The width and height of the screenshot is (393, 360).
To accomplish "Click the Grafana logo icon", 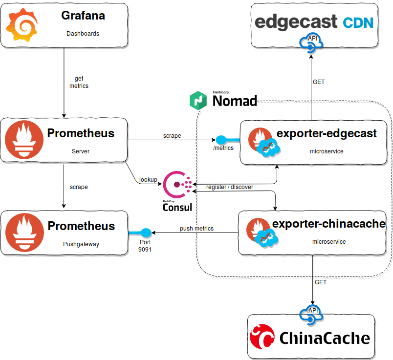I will pyautogui.click(x=22, y=26).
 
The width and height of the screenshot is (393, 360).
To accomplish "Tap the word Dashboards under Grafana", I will pyautogui.click(x=83, y=34).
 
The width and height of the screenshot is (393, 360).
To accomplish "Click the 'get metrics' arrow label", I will pyautogui.click(x=79, y=82).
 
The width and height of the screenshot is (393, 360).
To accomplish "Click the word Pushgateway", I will pyautogui.click(x=81, y=244).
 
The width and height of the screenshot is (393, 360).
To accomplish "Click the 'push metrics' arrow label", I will pyautogui.click(x=196, y=228).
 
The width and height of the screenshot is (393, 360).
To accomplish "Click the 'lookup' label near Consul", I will pyautogui.click(x=148, y=180).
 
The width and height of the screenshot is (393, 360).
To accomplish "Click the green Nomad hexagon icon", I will pyautogui.click(x=199, y=100).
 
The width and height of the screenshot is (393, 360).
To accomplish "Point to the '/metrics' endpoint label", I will pyautogui.click(x=223, y=148).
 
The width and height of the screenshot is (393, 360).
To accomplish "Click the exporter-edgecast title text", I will pyautogui.click(x=327, y=133).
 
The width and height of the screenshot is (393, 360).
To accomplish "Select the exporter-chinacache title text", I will pyautogui.click(x=328, y=224).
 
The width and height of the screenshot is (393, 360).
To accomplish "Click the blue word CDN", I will pyautogui.click(x=357, y=22).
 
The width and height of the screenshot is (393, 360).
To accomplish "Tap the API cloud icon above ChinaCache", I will pyautogui.click(x=312, y=315).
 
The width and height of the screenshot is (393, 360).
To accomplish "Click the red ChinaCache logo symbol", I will pyautogui.click(x=262, y=337).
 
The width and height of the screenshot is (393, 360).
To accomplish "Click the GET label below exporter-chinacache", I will pyautogui.click(x=321, y=282).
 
